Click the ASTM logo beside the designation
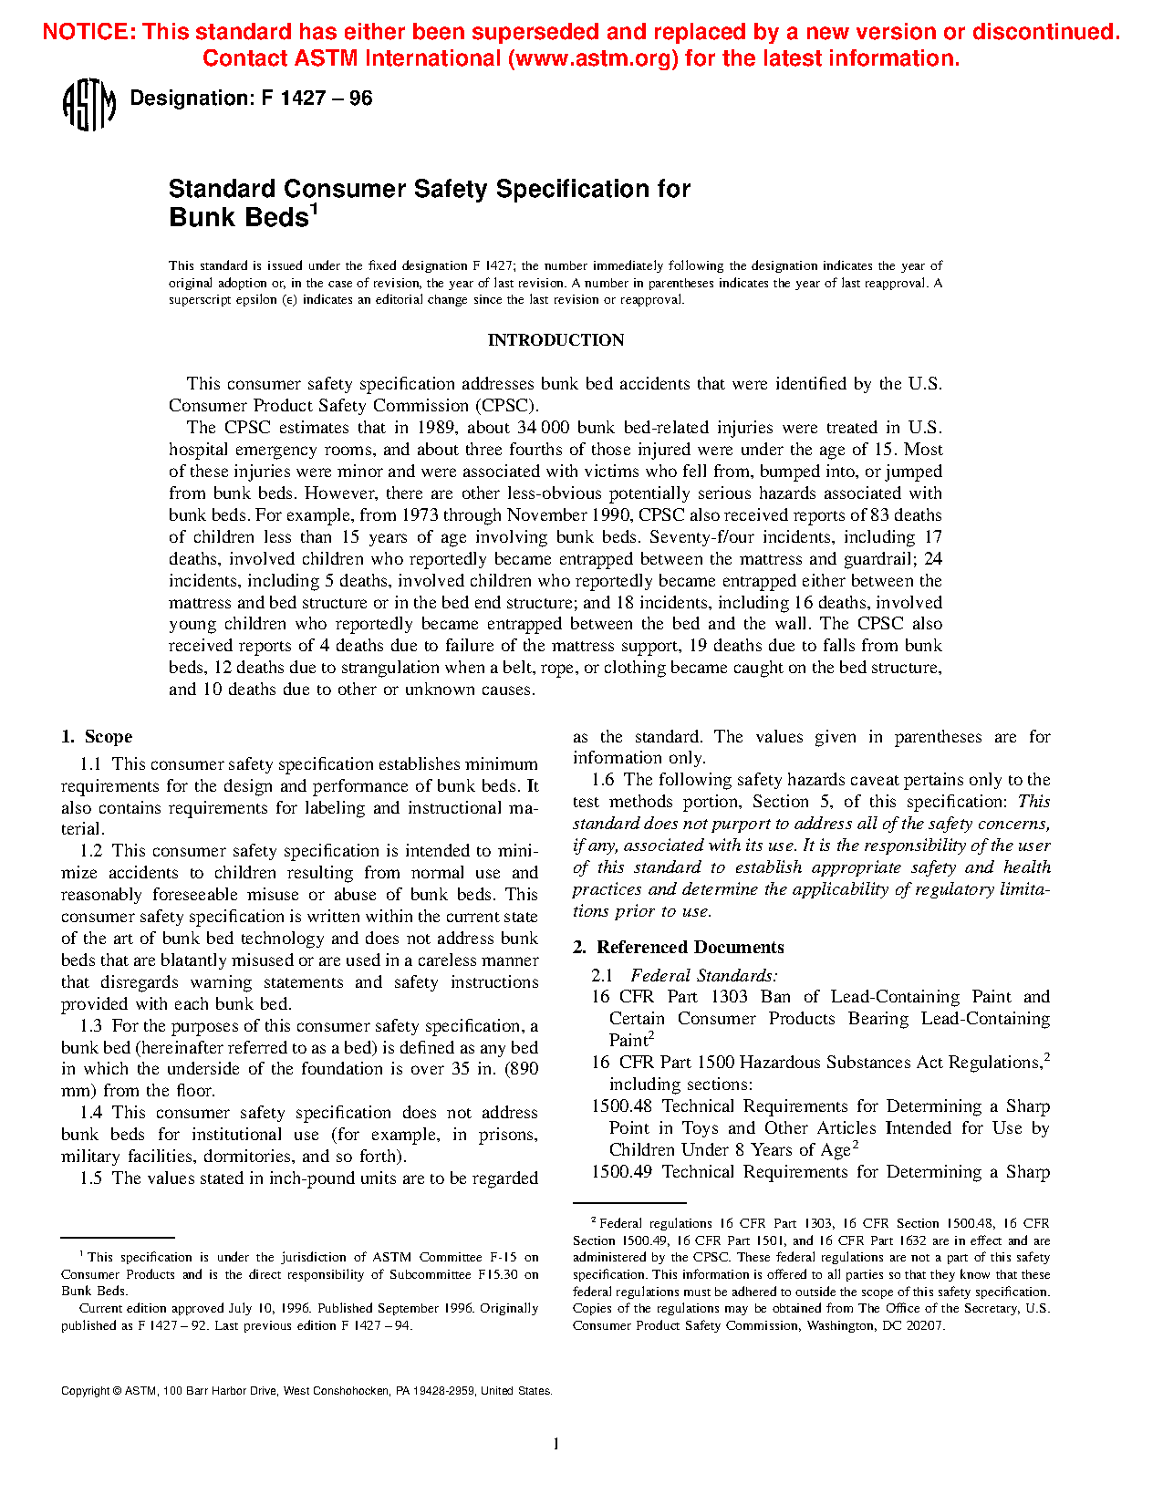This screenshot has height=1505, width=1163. [x=88, y=105]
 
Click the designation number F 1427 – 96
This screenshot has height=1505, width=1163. [x=317, y=99]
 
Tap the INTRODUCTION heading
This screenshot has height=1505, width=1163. [x=556, y=340]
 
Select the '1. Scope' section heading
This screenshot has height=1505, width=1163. [x=97, y=737]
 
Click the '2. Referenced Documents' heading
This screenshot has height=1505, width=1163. [x=678, y=948]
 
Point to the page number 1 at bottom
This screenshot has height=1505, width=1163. [x=556, y=1444]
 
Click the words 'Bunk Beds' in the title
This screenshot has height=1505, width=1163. [x=239, y=219]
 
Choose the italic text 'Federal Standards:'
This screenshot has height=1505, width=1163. [x=704, y=976]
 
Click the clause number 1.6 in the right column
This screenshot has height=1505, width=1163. [x=603, y=780]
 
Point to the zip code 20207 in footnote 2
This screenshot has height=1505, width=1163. [x=926, y=1326]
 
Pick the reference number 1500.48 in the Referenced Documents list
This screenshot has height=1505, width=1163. [x=621, y=1106]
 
